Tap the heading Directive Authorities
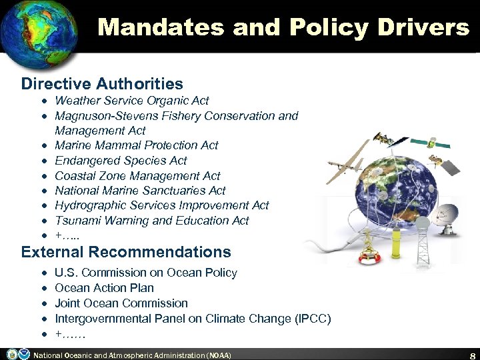(102, 84)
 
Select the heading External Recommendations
(126, 253)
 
